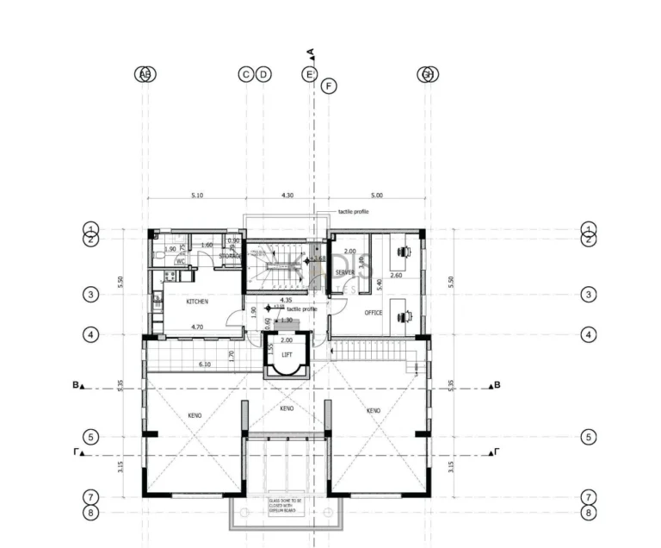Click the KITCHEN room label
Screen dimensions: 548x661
[x=197, y=302]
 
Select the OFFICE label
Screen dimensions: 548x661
[x=373, y=313]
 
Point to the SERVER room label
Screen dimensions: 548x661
[x=345, y=272]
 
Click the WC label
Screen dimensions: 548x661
[x=181, y=260]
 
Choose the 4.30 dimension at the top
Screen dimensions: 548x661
[x=287, y=196]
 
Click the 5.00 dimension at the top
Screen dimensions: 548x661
[x=376, y=196]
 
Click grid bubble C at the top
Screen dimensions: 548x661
[x=246, y=75]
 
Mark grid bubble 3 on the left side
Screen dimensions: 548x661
[x=91, y=295]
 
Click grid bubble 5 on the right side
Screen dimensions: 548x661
[x=589, y=437]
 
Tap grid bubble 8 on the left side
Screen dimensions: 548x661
[x=91, y=513]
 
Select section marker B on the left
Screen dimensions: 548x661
[x=78, y=386]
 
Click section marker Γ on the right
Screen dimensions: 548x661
[x=495, y=451]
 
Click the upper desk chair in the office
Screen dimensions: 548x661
[x=403, y=252]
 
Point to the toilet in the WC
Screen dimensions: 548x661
[x=158, y=255]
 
